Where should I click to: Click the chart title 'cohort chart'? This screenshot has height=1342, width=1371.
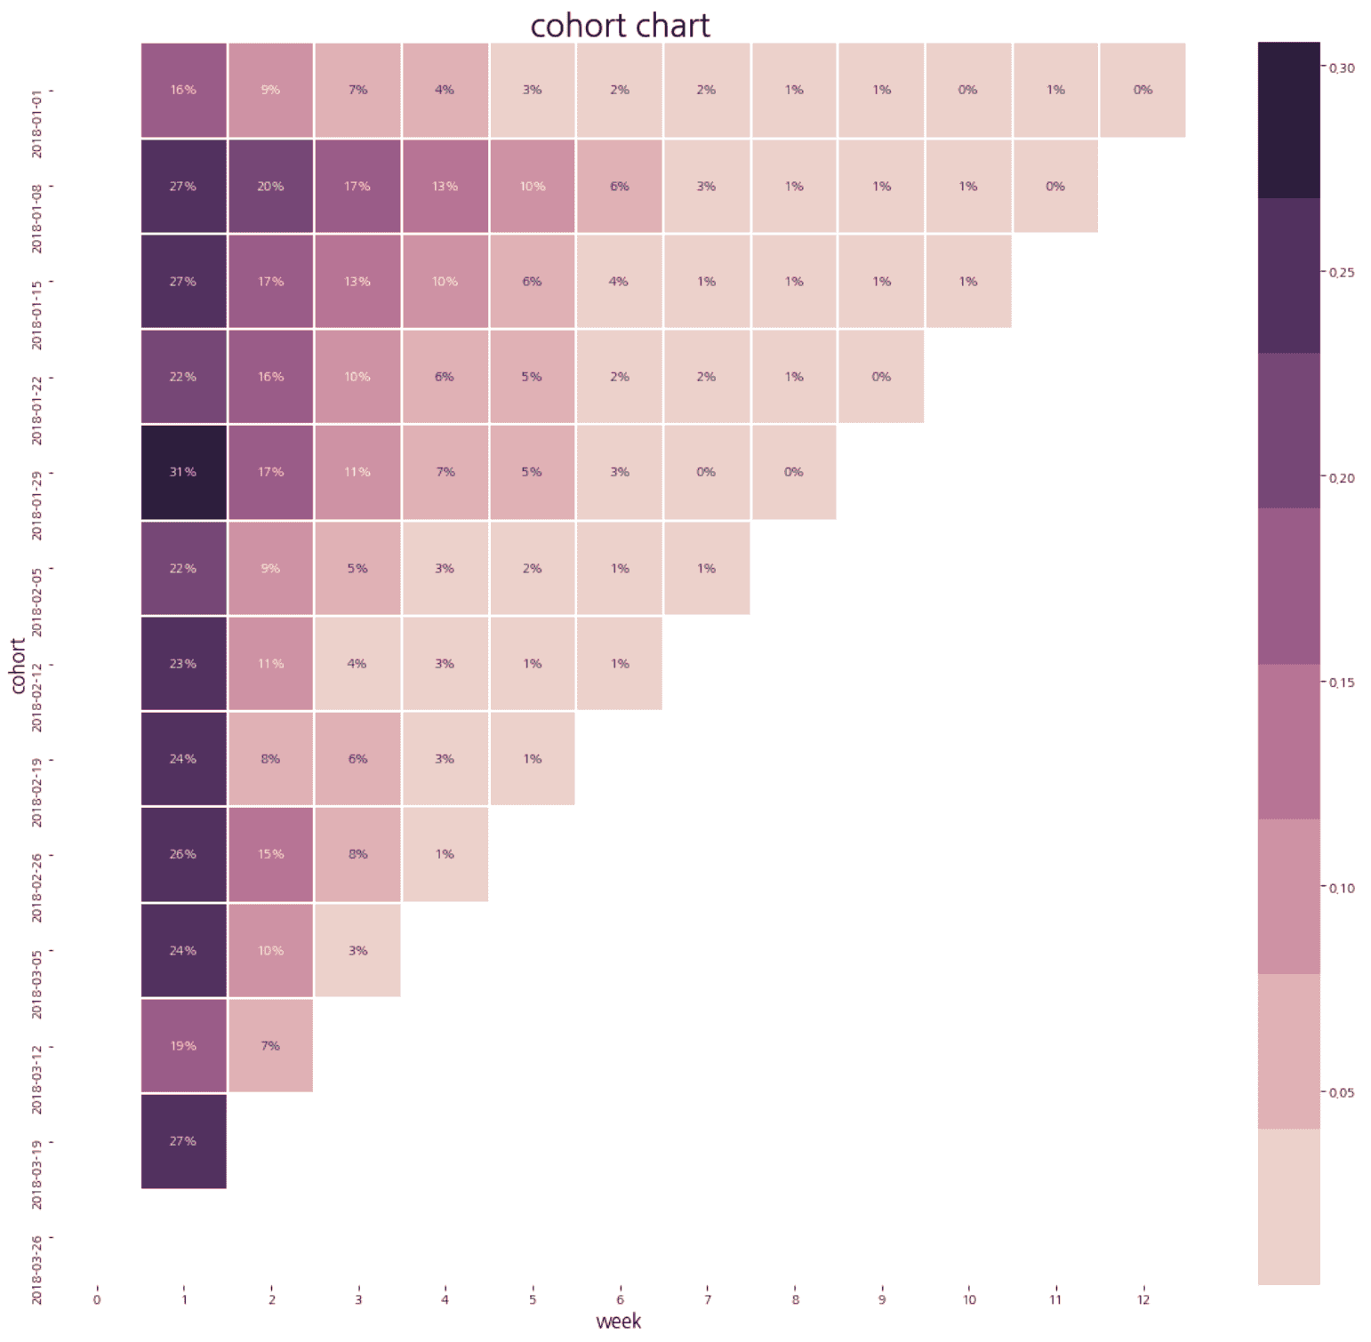620,26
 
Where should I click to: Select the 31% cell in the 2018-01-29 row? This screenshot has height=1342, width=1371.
183,472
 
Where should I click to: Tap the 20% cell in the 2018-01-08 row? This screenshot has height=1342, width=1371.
270,186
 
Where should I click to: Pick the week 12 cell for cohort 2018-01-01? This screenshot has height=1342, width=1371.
1142,90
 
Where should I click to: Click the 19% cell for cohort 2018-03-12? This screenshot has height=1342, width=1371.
183,1045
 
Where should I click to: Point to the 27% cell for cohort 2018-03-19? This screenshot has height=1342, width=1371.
183,1140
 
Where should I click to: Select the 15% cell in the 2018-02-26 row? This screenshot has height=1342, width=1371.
270,854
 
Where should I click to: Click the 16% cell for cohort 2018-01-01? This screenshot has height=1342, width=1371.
183,90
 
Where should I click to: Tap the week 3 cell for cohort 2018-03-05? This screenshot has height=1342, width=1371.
357,950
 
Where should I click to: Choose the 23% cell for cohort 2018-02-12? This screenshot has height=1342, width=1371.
183,663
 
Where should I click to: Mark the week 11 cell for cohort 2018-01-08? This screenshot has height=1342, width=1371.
1055,186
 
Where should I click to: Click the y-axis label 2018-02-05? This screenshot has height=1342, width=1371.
36,602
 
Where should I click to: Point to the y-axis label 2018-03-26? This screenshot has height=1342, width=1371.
36,1269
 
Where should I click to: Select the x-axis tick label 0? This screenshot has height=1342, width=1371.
97,1299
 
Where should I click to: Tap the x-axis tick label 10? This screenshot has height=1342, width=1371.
968,1299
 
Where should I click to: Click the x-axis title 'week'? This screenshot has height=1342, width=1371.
618,1322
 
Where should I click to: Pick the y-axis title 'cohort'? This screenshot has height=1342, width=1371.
17,665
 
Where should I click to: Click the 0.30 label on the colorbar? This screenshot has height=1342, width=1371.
1342,68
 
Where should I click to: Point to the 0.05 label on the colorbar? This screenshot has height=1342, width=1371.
1342,1092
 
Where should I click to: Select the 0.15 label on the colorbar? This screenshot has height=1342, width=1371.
1342,683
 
